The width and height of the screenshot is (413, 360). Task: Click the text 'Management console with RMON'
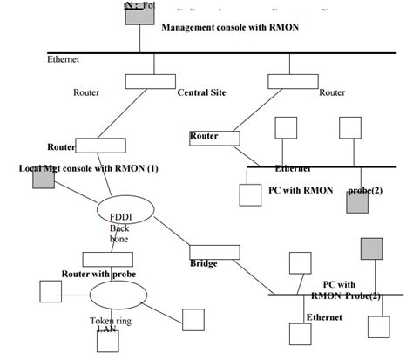[229, 28]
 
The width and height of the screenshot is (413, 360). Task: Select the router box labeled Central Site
[150, 81]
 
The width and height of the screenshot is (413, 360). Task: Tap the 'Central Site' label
[204, 92]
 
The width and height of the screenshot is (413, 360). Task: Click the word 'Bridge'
[203, 263]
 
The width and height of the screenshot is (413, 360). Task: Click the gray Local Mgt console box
[44, 179]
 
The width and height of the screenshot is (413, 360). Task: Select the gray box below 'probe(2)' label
[357, 204]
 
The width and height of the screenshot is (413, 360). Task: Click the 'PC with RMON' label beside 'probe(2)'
[300, 189]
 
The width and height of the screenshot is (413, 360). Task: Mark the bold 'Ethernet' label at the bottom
[323, 317]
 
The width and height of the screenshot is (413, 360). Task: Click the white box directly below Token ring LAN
[108, 341]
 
